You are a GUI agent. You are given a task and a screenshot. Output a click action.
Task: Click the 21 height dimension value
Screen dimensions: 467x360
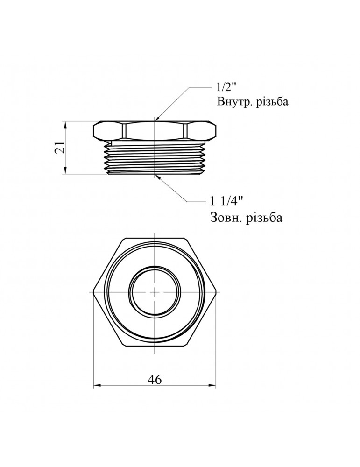59,148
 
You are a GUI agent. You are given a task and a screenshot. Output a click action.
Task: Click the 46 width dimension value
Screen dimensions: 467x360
154,380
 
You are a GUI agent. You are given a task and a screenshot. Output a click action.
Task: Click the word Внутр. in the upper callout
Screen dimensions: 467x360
233,102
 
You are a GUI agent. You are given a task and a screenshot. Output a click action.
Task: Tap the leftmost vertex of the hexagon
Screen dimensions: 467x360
93,291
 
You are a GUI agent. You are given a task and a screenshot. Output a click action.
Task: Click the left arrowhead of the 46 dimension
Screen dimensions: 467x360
97,386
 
